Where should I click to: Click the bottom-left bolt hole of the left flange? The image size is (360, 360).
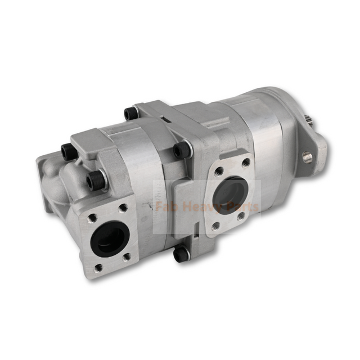click(x=98, y=267)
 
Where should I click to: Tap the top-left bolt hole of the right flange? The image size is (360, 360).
click(x=218, y=170)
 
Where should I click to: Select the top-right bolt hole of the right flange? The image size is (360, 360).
click(x=246, y=163)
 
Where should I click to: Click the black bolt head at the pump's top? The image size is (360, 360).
click(x=130, y=114)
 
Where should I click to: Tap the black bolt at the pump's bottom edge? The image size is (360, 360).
click(x=181, y=254)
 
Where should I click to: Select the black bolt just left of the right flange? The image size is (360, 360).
click(x=181, y=150)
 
